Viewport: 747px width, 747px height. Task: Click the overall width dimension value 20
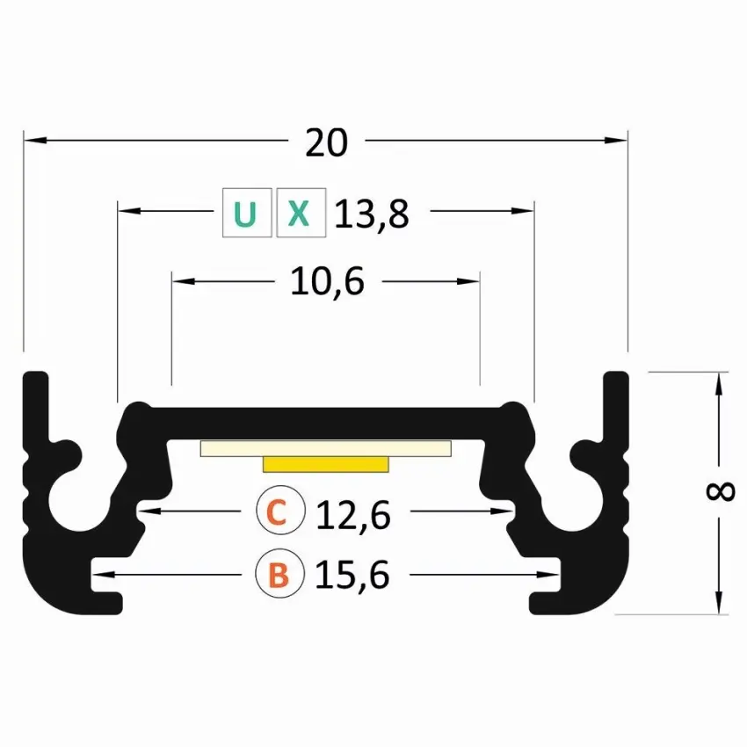point(326,142)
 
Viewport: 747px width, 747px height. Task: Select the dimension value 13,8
point(372,214)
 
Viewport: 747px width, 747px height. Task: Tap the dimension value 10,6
point(327,281)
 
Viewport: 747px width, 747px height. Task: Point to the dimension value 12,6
point(353,515)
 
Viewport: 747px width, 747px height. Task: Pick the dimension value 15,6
point(352,575)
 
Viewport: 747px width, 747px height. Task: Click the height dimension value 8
point(720,491)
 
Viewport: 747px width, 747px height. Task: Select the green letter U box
point(247,213)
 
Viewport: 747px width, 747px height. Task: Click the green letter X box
point(301,213)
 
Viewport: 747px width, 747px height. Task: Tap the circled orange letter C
point(280,511)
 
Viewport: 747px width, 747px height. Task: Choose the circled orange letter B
point(279,574)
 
